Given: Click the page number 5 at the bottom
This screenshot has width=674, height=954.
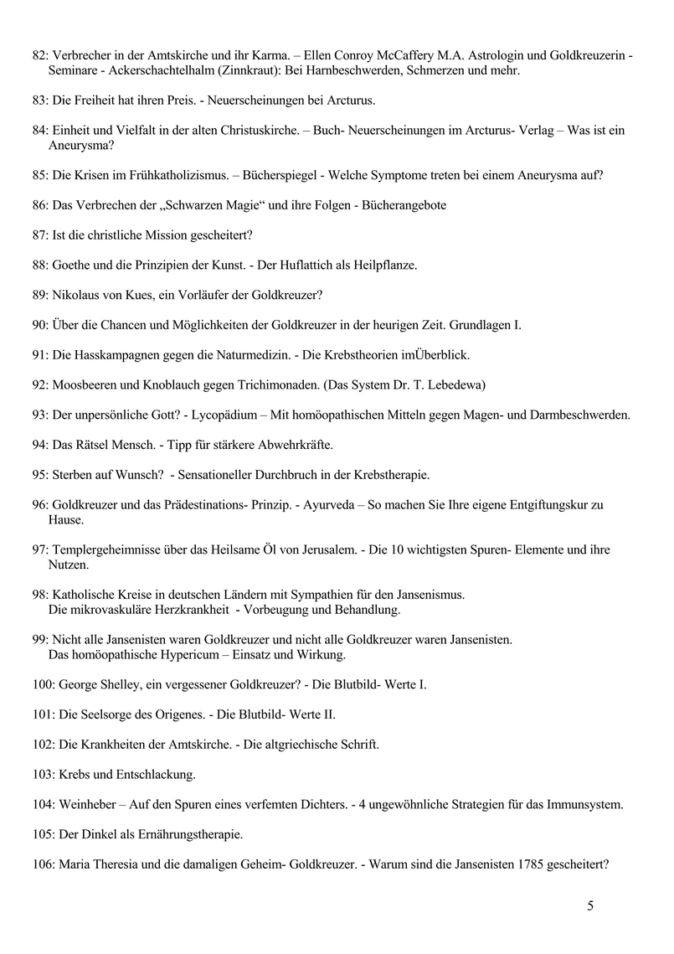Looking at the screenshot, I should click(590, 905).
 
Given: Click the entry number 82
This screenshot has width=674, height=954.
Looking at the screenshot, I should click(39, 55).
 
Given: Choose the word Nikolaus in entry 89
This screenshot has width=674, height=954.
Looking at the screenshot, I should click(77, 295).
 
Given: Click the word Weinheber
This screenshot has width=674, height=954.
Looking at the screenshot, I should click(89, 805).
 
